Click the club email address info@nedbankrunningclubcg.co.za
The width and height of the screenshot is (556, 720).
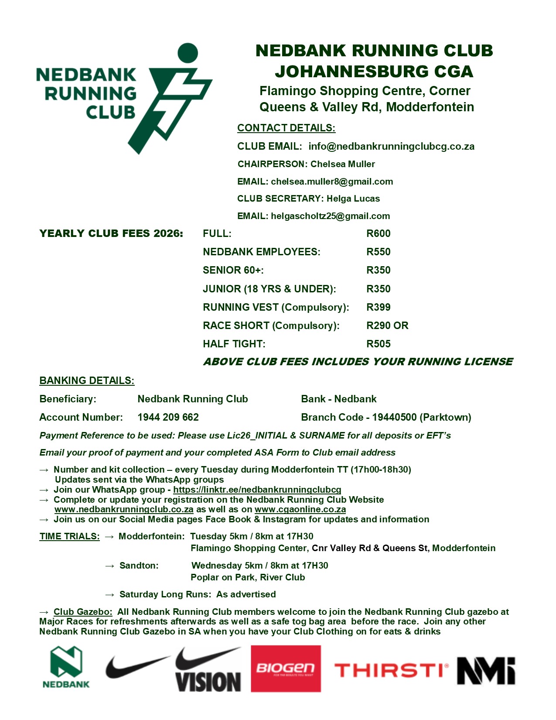coord(391,147)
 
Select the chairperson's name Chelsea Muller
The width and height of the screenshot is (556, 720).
coord(342,164)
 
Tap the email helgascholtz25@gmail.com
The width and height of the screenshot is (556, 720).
coord(330,216)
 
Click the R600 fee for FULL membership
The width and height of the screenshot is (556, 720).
coord(378,233)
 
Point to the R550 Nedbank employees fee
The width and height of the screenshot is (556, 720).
coord(378,252)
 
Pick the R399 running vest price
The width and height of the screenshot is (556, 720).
coord(378,307)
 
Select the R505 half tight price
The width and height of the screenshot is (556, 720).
coord(378,344)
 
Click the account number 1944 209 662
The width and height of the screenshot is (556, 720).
coord(168,417)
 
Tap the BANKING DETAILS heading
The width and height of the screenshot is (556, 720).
coord(87,381)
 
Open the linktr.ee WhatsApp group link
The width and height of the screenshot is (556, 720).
coord(257,490)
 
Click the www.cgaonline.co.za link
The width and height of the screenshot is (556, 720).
coord(300,509)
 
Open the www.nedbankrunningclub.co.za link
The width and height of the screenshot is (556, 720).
coord(124,509)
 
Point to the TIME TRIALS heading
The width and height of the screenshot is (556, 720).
coord(69,536)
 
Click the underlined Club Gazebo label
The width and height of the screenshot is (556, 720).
coord(83,612)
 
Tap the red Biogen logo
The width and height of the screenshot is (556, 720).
coord(286,669)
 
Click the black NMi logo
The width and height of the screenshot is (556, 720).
coord(486,670)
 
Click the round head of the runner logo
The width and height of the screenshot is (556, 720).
coord(188,53)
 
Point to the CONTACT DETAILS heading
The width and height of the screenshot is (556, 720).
coord(286,128)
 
